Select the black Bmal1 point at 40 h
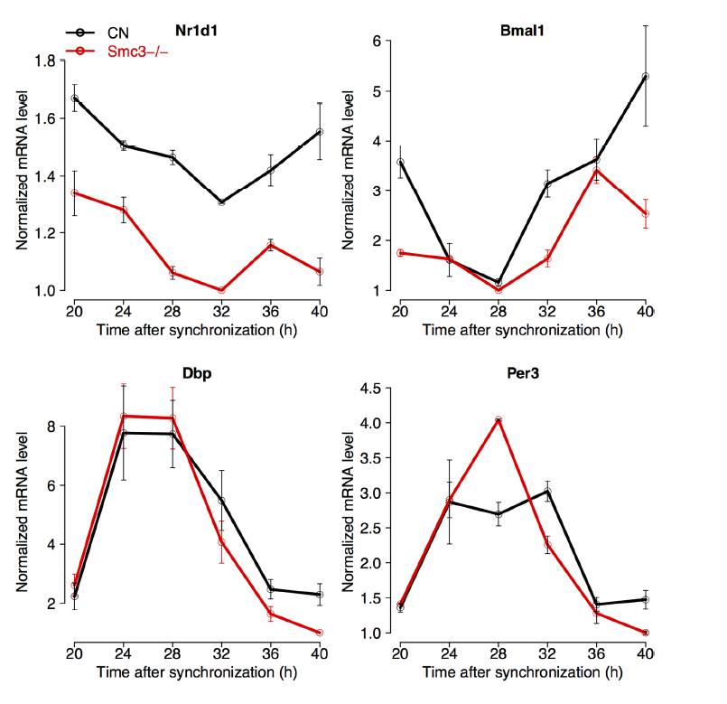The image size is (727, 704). click(646, 77)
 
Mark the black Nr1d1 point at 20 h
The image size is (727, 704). click(74, 99)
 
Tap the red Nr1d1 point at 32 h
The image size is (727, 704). click(221, 290)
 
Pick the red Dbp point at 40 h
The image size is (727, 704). click(320, 633)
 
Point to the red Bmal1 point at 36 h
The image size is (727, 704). click(597, 171)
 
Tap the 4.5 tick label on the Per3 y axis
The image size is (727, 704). click(372, 388)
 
